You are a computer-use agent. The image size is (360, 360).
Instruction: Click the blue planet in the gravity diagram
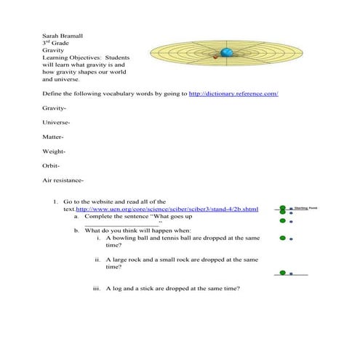click(227, 53)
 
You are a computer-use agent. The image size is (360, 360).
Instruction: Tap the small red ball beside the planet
click(215, 57)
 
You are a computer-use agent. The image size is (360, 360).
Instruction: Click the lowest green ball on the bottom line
click(281, 273)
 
